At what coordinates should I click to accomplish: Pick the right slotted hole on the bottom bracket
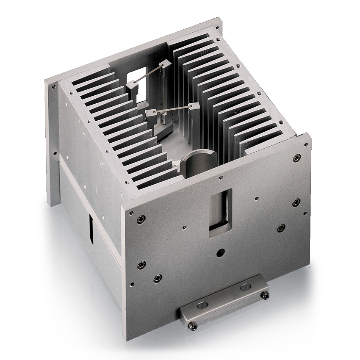244,288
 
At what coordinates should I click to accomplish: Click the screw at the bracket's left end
193,325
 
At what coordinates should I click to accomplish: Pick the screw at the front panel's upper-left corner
141,218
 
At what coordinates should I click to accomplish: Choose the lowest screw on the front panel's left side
158,278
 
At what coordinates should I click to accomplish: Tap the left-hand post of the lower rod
150,113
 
